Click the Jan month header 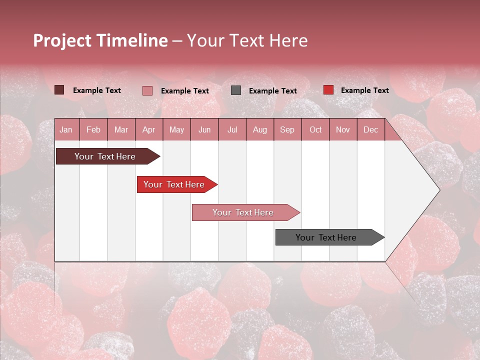click(x=66, y=129)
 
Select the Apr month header click(x=148, y=129)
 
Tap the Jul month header click(x=232, y=129)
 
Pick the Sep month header click(x=287, y=129)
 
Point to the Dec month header click(x=370, y=129)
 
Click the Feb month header click(x=93, y=129)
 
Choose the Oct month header click(x=315, y=129)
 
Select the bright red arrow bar click(x=175, y=184)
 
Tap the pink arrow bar click(x=244, y=212)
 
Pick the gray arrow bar click(x=327, y=237)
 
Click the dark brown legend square click(x=59, y=90)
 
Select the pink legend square click(x=147, y=90)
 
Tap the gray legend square click(x=236, y=90)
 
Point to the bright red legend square click(x=328, y=90)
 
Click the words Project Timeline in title click(x=100, y=40)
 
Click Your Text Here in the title click(x=247, y=40)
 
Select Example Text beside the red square click(x=364, y=90)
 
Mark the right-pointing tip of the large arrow click(x=438, y=190)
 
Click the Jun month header click(x=204, y=129)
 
